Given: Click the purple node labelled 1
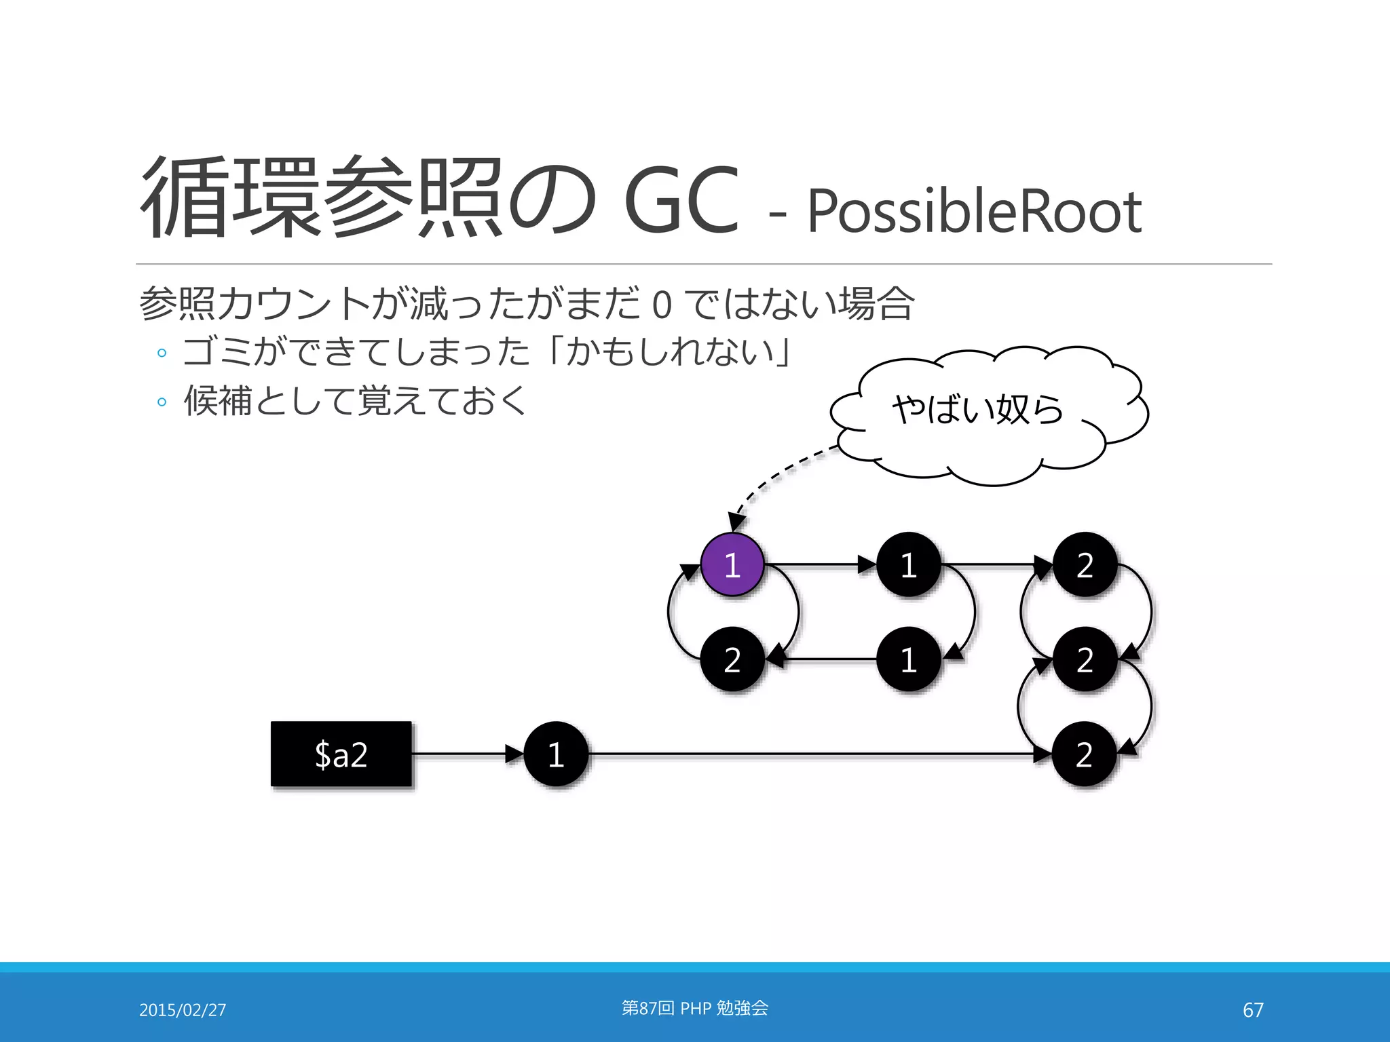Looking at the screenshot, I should point(732,564).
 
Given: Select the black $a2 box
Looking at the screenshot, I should point(341,754).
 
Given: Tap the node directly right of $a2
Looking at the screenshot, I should point(556,754).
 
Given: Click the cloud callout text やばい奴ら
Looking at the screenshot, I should point(977,409).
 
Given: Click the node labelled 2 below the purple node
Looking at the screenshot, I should point(732,659).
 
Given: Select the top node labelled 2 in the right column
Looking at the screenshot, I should point(1085,564).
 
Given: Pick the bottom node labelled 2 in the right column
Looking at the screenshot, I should point(1085,754).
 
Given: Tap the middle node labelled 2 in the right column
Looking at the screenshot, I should point(1085,659).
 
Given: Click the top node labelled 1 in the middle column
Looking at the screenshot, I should point(909,564).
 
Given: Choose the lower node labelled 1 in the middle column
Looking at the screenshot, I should point(909,659).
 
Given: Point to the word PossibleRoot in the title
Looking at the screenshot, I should point(975,212).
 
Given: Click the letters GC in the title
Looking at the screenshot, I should point(681,201).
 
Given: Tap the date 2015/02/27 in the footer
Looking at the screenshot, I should point(183,1010).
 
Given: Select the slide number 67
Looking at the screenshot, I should point(1253,1010).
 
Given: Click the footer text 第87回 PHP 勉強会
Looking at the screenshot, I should point(695,1008).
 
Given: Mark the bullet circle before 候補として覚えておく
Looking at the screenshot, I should point(162,402).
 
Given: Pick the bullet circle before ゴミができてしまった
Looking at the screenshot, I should point(162,353).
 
